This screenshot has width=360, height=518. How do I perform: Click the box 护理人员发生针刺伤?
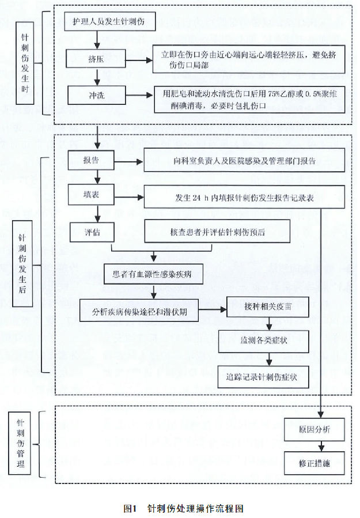click(109, 22)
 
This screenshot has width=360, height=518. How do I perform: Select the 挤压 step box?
click(96, 58)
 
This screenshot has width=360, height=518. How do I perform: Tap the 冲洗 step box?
click(96, 95)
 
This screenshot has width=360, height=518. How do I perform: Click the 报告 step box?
click(91, 160)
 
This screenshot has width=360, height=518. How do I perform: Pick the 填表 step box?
click(91, 195)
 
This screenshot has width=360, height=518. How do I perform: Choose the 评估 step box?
click(92, 232)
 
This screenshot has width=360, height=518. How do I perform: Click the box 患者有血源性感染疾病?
click(153, 274)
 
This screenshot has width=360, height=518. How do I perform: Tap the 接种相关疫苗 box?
click(268, 307)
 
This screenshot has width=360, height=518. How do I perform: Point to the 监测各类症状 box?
click(264, 341)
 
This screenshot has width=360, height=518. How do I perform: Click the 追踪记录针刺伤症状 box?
click(263, 377)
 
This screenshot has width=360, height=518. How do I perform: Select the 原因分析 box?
click(314, 429)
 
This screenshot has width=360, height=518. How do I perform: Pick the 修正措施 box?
click(314, 463)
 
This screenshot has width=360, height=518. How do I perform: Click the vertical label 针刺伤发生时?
click(25, 63)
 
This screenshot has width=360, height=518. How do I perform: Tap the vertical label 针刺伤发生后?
click(22, 264)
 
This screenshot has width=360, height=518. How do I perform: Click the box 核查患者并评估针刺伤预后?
click(217, 232)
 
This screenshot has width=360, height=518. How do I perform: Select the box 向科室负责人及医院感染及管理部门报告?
click(244, 161)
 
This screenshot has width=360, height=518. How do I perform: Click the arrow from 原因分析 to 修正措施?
click(321, 446)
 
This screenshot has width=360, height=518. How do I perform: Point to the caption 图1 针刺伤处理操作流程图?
click(184, 508)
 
